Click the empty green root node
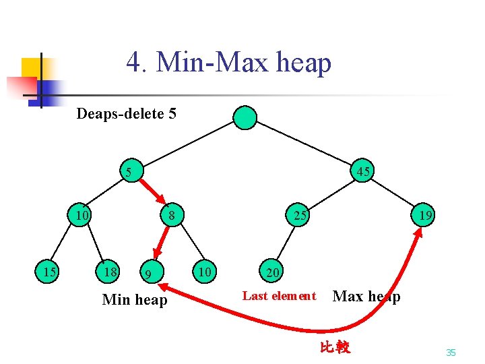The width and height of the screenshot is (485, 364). pos(245,117)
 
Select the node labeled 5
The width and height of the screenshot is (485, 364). pos(129,172)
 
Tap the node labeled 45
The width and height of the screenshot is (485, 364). pos(363,172)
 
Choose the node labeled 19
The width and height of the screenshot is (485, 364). pos(424,216)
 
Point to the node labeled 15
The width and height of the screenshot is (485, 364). pos(48,272)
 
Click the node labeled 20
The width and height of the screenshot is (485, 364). pos(272,272)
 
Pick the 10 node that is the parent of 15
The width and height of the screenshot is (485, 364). pos(82,216)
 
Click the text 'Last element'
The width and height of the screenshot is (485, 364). pos(279,295)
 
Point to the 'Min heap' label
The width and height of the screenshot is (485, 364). pos(134,299)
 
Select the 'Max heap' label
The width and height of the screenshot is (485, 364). pos(366,296)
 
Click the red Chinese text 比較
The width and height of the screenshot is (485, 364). pos(335,348)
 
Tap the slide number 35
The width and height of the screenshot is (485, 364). pos(451,353)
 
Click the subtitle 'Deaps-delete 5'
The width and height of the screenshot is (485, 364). pos(126,113)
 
